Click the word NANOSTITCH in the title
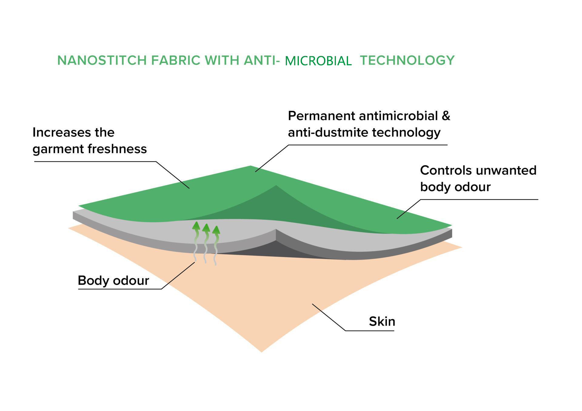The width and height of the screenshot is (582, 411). (x=102, y=60)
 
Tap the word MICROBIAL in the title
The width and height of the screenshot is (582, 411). (x=318, y=61)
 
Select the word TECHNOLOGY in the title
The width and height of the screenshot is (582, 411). (x=407, y=60)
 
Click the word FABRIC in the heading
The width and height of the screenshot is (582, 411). (x=176, y=60)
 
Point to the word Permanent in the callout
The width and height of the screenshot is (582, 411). (x=321, y=116)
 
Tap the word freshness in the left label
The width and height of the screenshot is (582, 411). (x=117, y=149)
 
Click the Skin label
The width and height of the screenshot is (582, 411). (x=382, y=321)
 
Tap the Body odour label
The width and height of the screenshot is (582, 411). (x=113, y=281)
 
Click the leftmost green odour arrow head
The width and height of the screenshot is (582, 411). (x=196, y=225)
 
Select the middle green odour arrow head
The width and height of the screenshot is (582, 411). (x=206, y=228)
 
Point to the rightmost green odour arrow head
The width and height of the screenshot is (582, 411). (x=216, y=230)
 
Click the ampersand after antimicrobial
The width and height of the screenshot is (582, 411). (x=446, y=116)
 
